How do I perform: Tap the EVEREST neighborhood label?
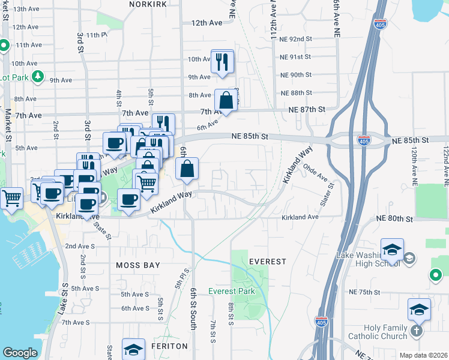coord(267,262)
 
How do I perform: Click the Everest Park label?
coord(232,292)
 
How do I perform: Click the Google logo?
coord(20,353)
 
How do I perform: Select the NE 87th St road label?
coord(306,110)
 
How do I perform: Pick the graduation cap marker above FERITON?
coord(133,349)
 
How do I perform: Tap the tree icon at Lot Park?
coord(38,77)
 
